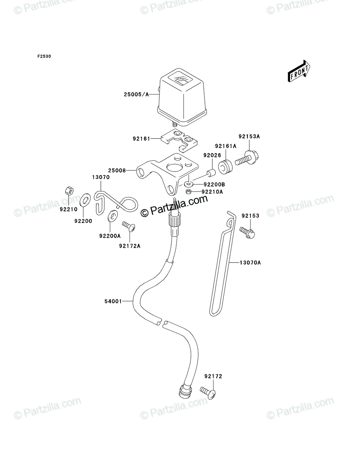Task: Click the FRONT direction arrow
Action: pos(299,71)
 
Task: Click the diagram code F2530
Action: pos(44,57)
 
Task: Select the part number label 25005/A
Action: pos(136,95)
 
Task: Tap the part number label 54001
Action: pos(113,301)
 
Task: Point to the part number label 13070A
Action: pos(250,263)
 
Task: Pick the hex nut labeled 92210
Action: pos(69,190)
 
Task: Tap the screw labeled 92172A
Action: pos(129,227)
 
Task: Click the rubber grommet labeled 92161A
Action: pos(225,166)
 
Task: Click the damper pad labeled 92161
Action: pos(179,141)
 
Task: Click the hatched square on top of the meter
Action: pos(182,80)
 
